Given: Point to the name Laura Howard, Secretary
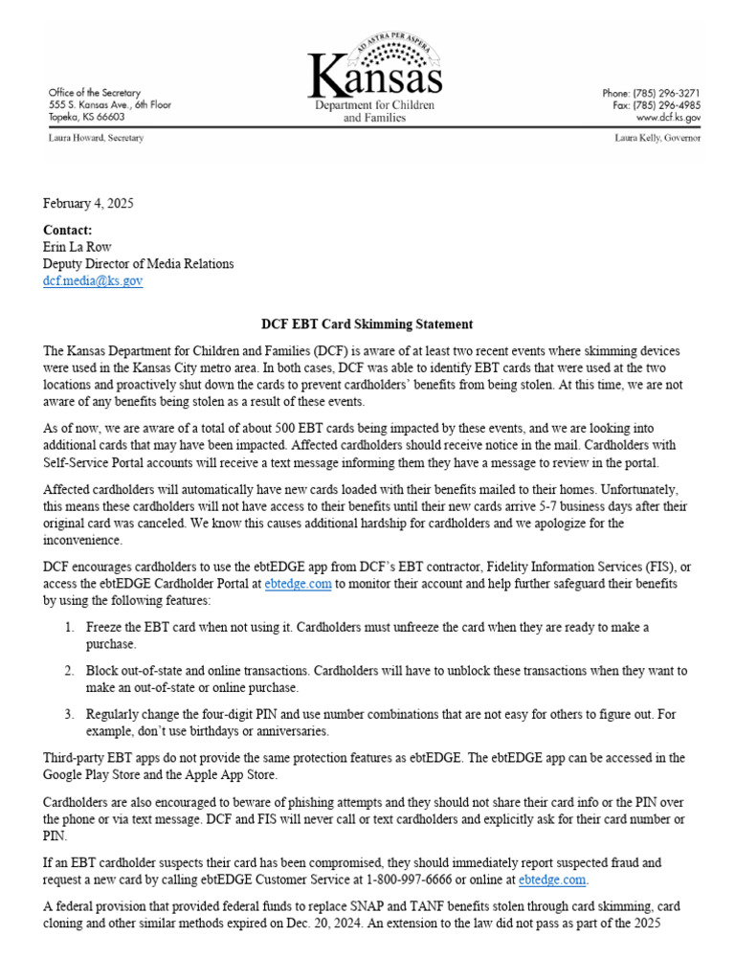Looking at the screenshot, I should (x=95, y=138).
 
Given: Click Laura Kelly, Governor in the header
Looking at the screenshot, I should (x=657, y=138).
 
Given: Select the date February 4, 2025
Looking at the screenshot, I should (x=88, y=203).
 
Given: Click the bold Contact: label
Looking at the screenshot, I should (x=68, y=231).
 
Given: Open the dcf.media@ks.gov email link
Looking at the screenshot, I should (x=93, y=281).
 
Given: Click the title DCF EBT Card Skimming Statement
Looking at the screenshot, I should (x=367, y=324).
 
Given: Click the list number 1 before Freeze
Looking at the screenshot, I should (x=69, y=627).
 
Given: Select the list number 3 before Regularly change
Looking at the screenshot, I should (x=69, y=714).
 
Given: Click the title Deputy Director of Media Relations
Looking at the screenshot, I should (x=138, y=264).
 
